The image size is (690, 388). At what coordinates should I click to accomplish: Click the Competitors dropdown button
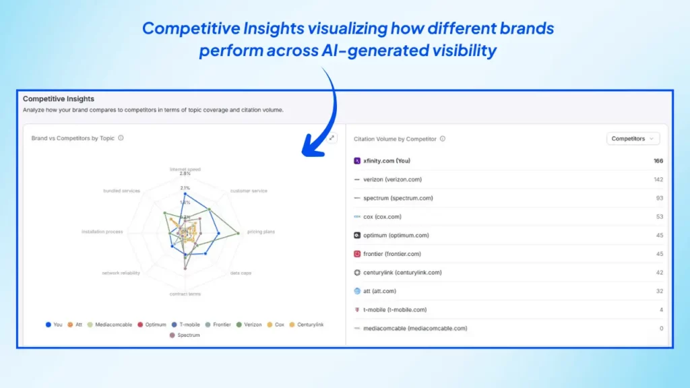point(633,139)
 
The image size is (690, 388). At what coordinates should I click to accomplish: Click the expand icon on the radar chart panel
point(332,138)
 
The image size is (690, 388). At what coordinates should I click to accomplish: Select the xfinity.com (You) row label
point(386,161)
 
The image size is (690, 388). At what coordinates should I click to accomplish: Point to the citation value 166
point(658,161)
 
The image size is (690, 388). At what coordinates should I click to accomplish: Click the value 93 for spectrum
point(659,198)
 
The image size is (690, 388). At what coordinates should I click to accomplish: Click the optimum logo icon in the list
point(357,235)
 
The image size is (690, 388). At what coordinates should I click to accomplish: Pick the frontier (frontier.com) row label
point(392,254)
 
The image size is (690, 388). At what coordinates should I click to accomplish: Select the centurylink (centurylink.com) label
point(402,273)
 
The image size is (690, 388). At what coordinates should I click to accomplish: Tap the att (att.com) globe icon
point(357,291)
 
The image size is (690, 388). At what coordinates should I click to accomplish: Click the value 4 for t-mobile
point(660,310)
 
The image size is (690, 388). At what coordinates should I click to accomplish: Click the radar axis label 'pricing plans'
point(261,232)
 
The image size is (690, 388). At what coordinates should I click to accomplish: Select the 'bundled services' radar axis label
point(121,191)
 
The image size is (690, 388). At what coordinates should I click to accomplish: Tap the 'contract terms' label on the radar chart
point(185,294)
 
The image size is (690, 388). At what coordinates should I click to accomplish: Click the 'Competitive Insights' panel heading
point(59,99)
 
